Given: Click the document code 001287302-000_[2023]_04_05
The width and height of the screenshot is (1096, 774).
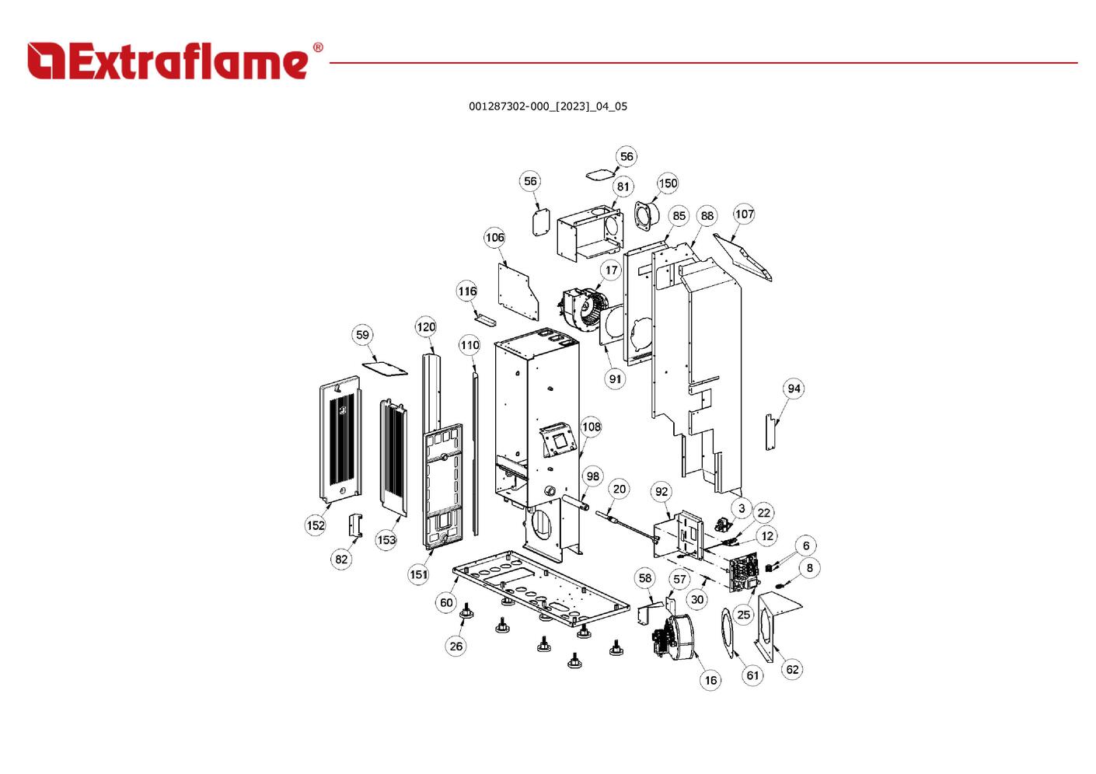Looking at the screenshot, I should tap(547, 106).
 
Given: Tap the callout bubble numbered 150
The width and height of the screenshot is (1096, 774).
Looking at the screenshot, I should tap(668, 183).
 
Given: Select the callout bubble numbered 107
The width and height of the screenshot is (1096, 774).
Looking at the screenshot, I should tap(744, 214).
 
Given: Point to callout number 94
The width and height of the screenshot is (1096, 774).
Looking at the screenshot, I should tap(794, 389).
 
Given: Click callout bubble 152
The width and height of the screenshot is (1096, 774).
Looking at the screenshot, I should tap(316, 525).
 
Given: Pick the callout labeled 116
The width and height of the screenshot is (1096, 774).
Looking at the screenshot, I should tap(467, 291).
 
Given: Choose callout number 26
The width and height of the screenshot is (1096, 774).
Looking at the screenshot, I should tap(456, 646).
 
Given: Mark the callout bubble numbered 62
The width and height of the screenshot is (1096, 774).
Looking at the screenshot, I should tap(792, 669).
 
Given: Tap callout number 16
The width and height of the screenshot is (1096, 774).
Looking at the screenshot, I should tap(710, 680).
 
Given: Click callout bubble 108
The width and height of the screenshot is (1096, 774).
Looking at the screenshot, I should tap(592, 427).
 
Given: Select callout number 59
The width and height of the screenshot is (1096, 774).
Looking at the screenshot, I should tap(362, 335).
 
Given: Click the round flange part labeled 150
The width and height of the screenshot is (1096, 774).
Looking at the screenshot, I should tap(645, 215).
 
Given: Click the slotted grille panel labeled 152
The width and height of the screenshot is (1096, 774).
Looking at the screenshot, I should tap(340, 439).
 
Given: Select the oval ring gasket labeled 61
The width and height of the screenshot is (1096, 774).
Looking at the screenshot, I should tap(728, 632).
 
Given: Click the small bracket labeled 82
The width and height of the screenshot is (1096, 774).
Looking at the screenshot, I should tap(355, 525).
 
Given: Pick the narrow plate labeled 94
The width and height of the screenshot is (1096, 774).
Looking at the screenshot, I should tap(770, 433).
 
